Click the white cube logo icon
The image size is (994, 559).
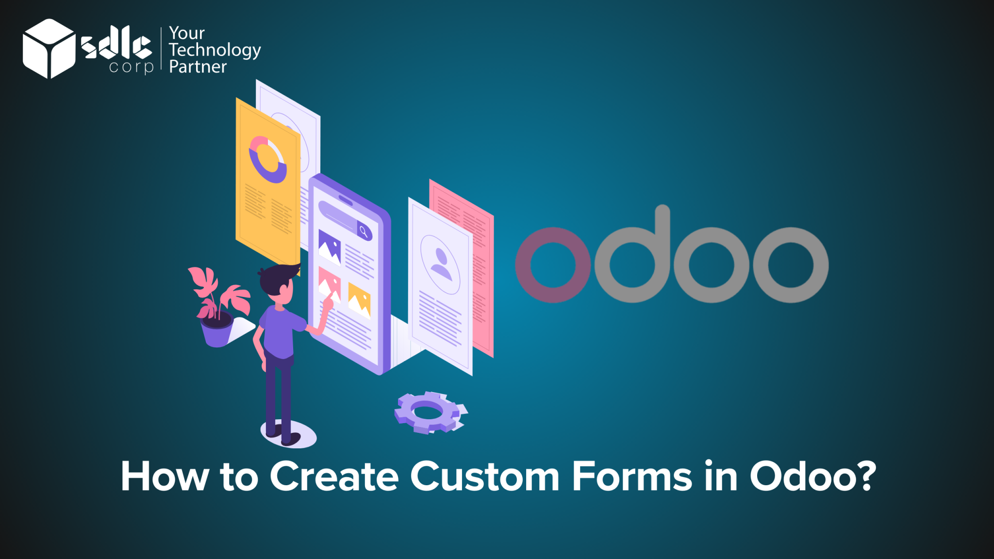pos(49,49)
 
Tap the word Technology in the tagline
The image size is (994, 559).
pos(215,50)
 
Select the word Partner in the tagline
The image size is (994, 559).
pos(198,67)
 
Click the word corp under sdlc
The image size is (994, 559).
pos(131,67)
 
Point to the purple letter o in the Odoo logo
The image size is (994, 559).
pos(553,265)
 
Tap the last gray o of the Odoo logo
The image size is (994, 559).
pos(791,265)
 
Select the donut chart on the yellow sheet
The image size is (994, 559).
pos(267,159)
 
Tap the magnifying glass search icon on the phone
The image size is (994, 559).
pos(364,231)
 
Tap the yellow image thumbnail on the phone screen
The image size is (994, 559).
pos(359,300)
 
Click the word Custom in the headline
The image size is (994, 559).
pos(485,477)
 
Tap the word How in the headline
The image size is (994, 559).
pos(165,477)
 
